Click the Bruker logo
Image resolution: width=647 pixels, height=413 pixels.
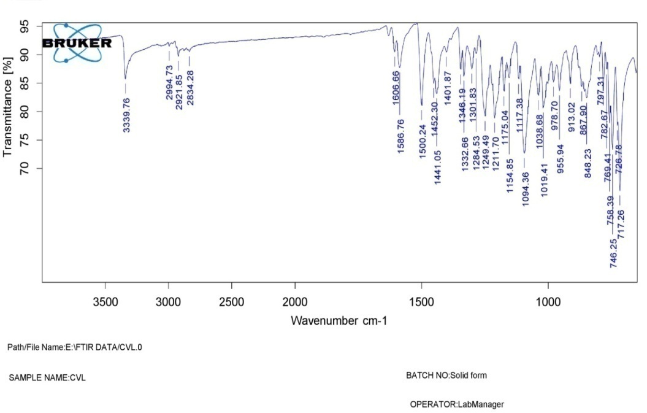coord(77,43)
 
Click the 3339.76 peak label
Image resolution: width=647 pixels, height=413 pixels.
coord(126,115)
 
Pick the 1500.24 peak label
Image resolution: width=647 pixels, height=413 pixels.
coord(422,141)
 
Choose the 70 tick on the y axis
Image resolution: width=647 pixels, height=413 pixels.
coord(24,168)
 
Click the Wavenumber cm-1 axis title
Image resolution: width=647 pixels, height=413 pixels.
coord(339,320)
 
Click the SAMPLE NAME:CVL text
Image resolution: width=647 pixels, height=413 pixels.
coord(47,378)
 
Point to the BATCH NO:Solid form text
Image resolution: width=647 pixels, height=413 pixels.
coord(446,375)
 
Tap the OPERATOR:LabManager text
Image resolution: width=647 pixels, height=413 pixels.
coord(457,404)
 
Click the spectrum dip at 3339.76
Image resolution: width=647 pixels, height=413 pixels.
coord(125,78)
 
